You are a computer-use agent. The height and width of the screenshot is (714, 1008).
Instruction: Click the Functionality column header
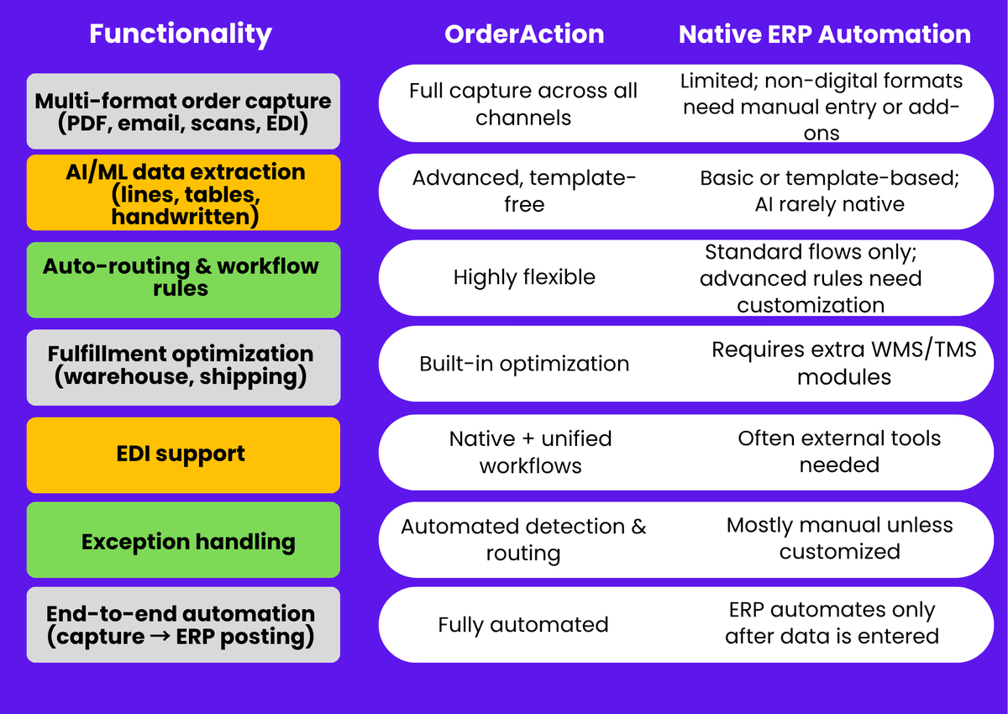tap(181, 34)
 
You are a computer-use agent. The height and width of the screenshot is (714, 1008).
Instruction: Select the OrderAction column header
tap(524, 34)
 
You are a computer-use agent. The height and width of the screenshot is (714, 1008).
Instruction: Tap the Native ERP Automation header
tap(824, 34)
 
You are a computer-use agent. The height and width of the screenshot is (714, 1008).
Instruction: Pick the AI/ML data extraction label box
tap(183, 192)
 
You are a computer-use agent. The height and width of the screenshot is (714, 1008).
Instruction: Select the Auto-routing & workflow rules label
tap(183, 278)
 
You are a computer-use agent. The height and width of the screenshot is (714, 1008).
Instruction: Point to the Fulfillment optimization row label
tap(183, 365)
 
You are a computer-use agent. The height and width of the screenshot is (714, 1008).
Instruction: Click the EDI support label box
tap(183, 454)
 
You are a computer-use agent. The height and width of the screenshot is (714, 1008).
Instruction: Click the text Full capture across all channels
tap(523, 104)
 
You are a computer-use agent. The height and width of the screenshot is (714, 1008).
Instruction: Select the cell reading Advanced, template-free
tap(523, 192)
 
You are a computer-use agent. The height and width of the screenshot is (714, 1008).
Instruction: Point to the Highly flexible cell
tap(523, 278)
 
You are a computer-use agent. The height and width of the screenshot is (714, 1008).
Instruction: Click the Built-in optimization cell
tap(523, 364)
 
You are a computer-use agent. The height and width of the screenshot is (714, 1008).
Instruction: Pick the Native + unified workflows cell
tap(530, 452)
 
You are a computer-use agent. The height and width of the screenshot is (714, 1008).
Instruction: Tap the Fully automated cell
tap(523, 625)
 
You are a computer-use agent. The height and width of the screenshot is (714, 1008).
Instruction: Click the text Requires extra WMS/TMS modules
tap(843, 363)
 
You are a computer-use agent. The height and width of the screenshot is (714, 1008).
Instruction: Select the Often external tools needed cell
tap(838, 452)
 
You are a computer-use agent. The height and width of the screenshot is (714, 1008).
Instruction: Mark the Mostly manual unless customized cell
tap(839, 538)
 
